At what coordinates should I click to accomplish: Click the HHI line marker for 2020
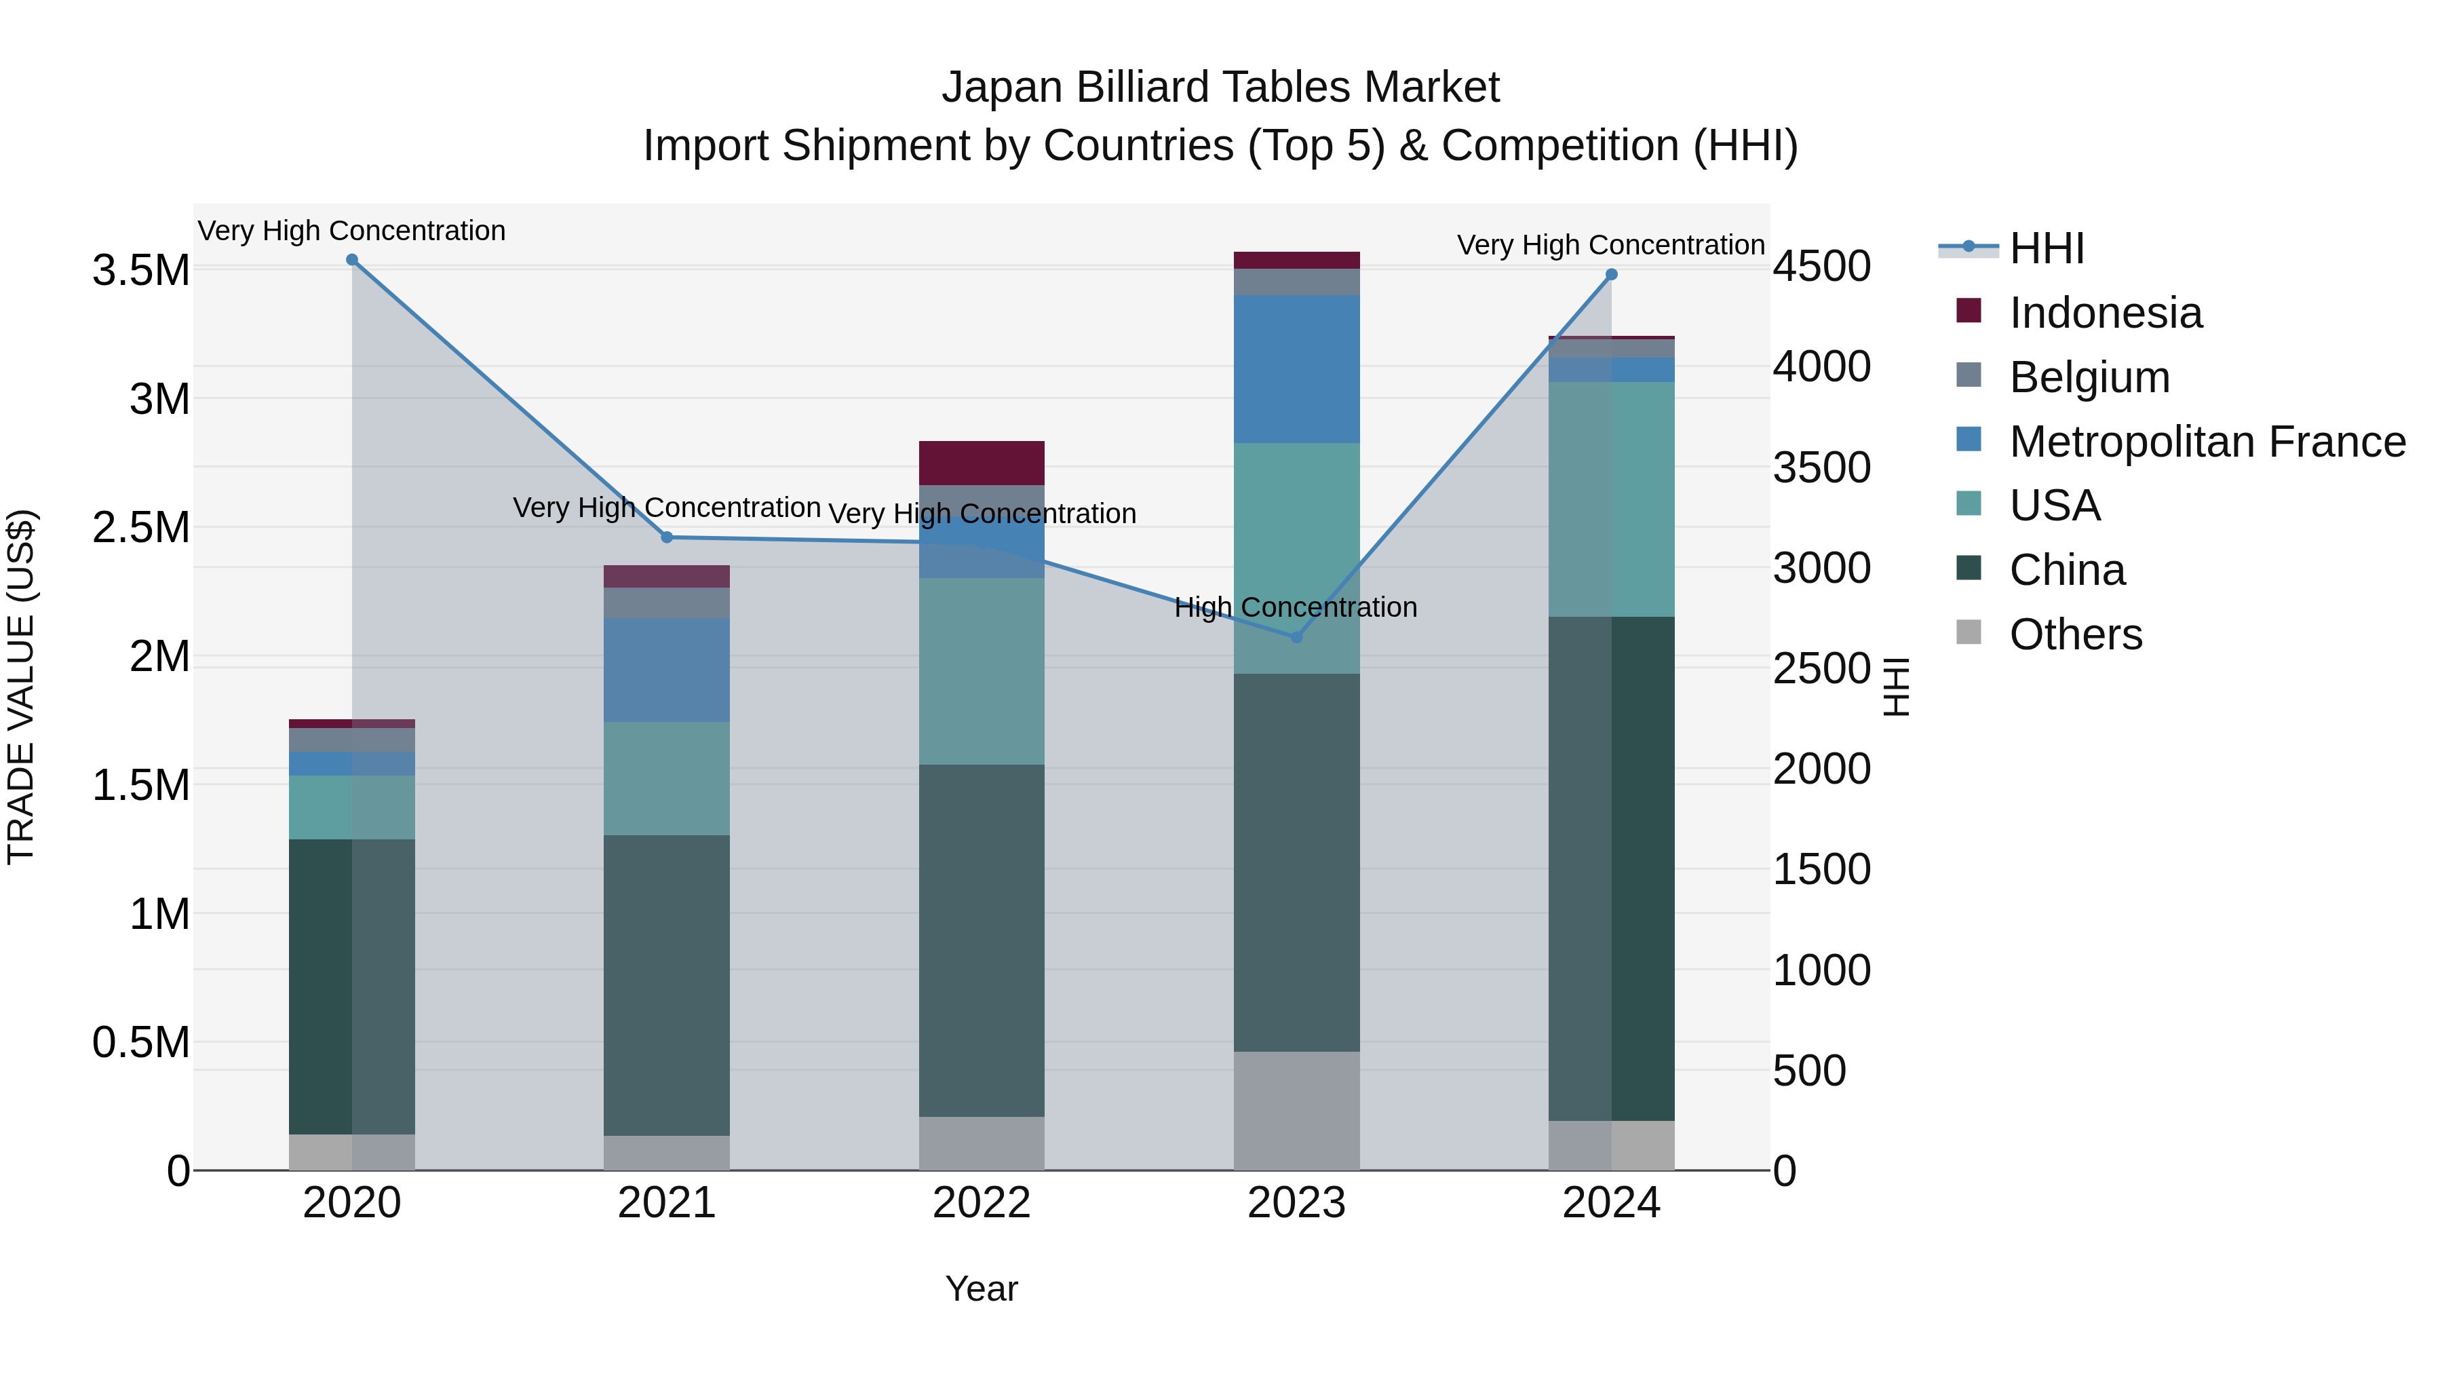[x=351, y=260]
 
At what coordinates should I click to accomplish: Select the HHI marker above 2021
[x=666, y=537]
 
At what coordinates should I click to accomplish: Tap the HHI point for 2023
[x=1297, y=637]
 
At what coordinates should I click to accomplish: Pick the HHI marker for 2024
[x=1612, y=275]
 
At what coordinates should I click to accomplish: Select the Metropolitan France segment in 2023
[x=1297, y=369]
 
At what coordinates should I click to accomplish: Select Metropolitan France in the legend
[x=2207, y=442]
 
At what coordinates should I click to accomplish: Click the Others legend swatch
[x=1969, y=632]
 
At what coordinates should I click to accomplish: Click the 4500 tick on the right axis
[x=1821, y=267]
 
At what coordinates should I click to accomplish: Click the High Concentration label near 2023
[x=1295, y=607]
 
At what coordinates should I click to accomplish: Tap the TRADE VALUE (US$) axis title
[x=21, y=687]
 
